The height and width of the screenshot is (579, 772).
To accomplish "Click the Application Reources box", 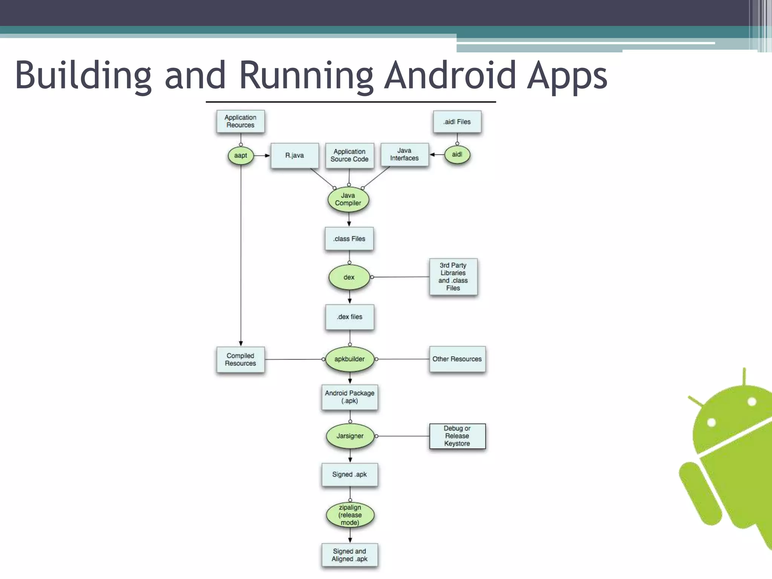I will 240,121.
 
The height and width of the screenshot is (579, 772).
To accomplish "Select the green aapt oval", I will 240,155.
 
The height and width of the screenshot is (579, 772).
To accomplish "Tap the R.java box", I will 294,155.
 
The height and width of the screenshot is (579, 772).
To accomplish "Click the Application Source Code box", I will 349,155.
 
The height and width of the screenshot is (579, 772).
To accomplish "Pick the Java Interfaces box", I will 404,155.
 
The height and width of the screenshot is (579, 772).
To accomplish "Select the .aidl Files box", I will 457,122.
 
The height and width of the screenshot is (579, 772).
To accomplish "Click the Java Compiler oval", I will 348,199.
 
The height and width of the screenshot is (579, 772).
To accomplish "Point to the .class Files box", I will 349,239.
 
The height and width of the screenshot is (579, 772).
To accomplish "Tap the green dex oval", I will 349,277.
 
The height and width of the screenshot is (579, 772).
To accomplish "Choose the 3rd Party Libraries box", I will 453,277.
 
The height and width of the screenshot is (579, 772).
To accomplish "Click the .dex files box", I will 349,317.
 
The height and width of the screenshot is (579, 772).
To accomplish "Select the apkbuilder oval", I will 349,359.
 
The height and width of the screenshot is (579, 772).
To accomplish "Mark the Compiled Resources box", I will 240,360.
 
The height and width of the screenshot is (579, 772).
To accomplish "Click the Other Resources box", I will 457,359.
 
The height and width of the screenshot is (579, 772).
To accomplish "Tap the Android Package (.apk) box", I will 349,397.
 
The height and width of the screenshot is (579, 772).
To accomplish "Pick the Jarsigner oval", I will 350,436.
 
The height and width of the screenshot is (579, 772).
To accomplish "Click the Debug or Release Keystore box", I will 457,436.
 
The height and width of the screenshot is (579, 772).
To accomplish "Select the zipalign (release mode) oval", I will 350,515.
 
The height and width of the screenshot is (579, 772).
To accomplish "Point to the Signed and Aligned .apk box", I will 349,555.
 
